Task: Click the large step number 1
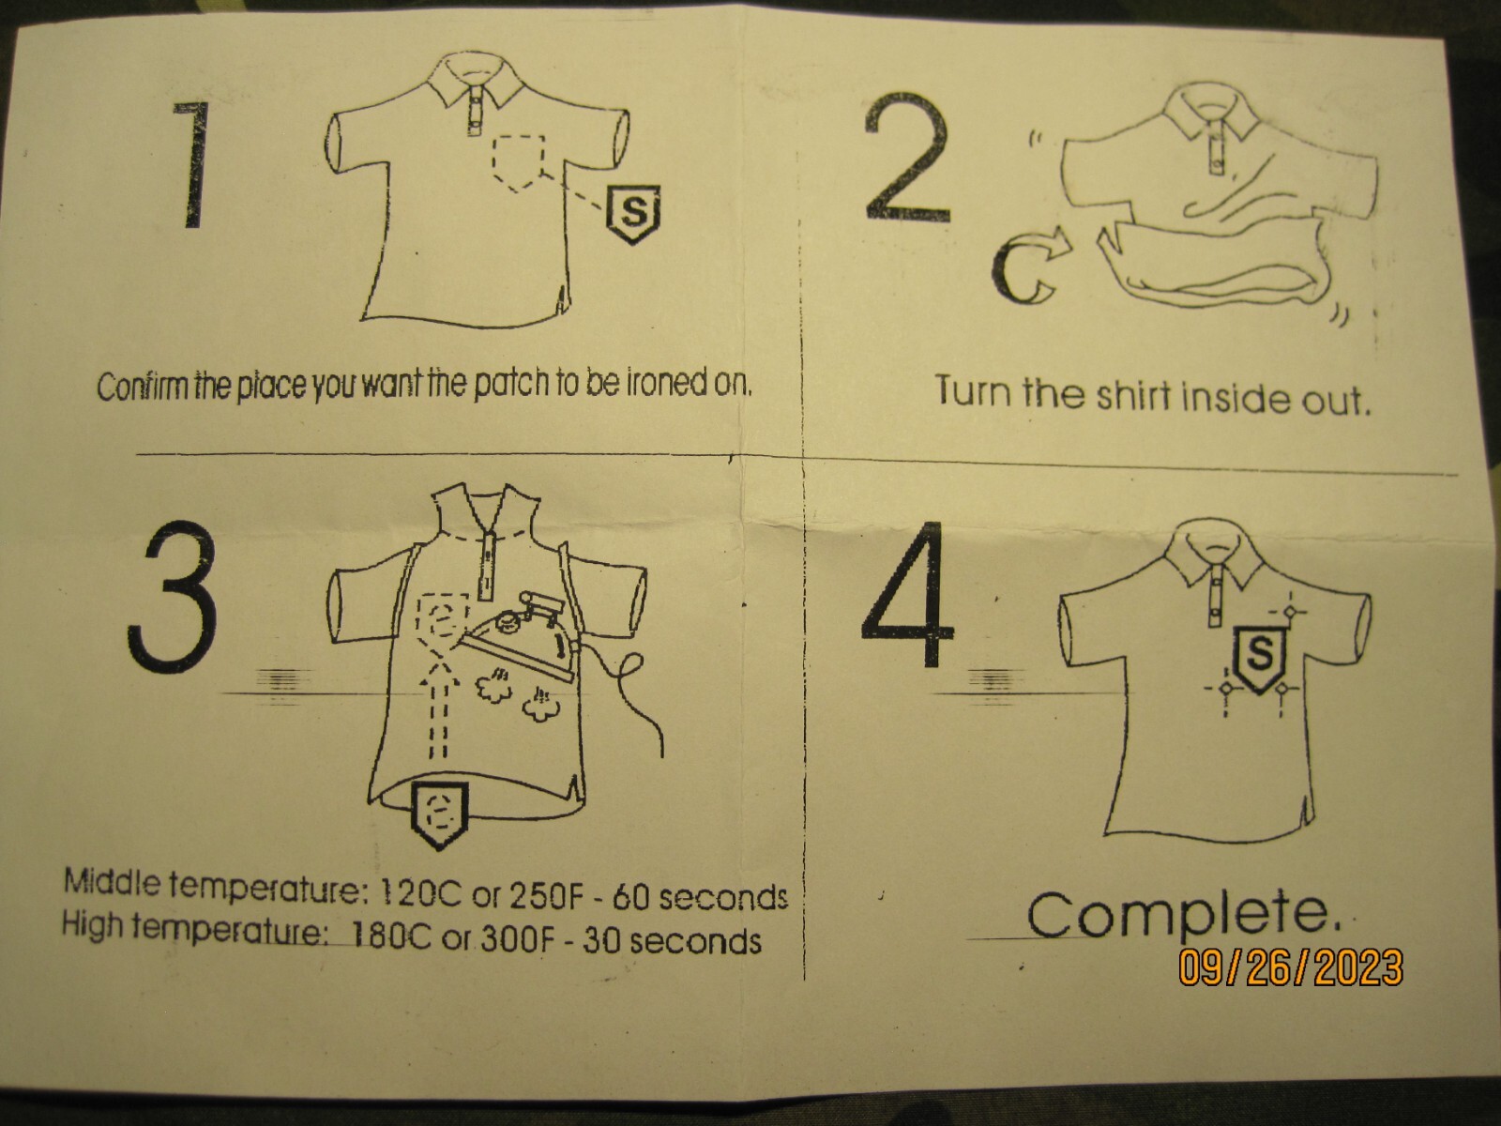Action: tap(194, 165)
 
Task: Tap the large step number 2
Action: tap(907, 158)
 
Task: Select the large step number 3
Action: tap(172, 596)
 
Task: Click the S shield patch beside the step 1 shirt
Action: tap(632, 213)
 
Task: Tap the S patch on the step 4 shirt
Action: tap(1260, 660)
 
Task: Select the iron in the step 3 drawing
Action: tap(520, 636)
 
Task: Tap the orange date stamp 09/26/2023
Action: tap(1290, 967)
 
